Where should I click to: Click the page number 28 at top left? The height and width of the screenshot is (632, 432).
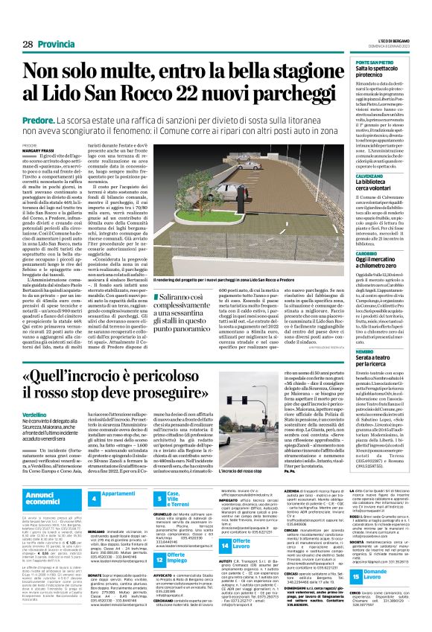[28, 45]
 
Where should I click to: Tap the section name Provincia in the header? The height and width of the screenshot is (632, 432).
[57, 45]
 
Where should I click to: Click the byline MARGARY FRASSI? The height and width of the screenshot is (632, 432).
[35, 150]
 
